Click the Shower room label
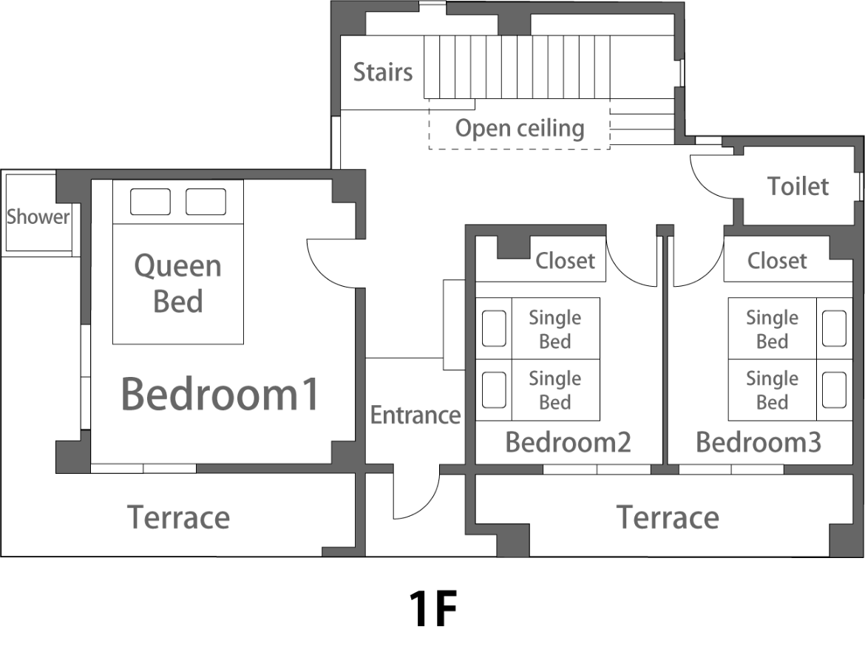click(38, 217)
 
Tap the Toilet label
click(798, 186)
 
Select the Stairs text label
click(383, 72)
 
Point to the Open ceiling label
click(520, 129)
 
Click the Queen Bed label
click(178, 284)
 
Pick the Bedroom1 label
click(220, 394)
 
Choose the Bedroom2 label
click(569, 443)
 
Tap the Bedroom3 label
click(759, 443)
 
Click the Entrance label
click(415, 415)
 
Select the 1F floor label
click(433, 608)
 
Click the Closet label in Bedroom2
click(566, 261)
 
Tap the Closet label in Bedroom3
click(777, 261)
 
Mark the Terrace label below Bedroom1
click(179, 517)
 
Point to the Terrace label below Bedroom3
click(668, 517)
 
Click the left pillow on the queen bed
click(150, 201)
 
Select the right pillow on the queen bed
click(206, 201)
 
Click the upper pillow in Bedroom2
click(495, 328)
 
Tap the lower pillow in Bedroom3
click(834, 390)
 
